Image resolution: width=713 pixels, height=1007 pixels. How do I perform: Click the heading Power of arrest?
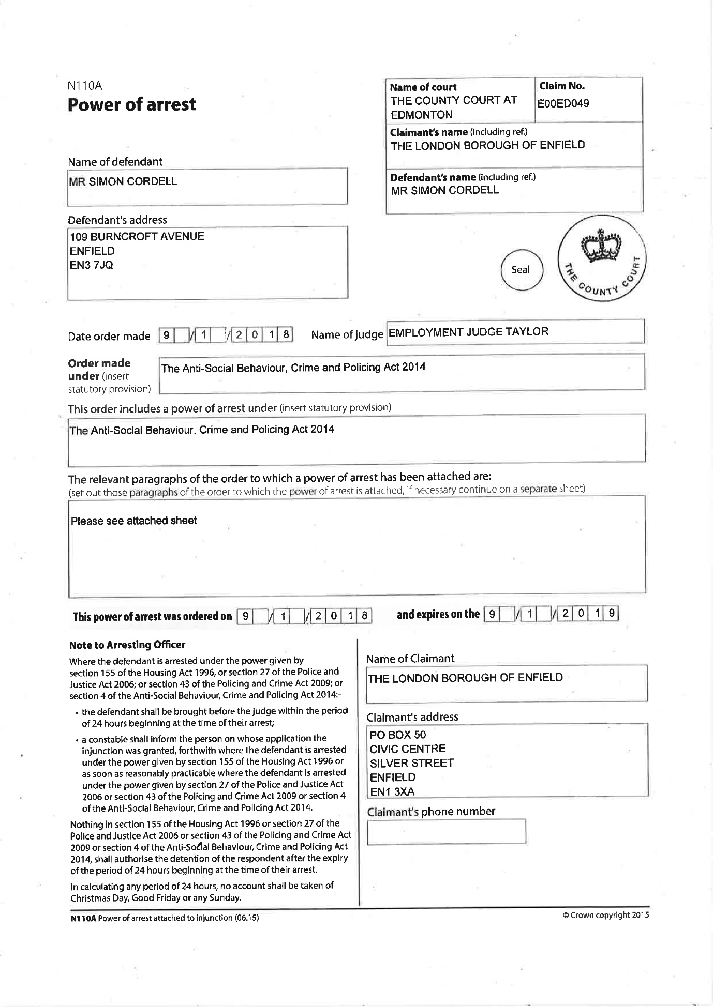(132, 105)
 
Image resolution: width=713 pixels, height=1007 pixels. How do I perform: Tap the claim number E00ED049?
(563, 103)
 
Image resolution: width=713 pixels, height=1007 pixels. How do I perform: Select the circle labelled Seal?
(521, 269)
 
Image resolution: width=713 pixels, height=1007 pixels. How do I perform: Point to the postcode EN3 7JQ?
(92, 265)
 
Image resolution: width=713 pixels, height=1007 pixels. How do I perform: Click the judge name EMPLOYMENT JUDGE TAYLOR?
(468, 332)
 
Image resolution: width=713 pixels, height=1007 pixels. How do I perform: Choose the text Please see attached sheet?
(134, 521)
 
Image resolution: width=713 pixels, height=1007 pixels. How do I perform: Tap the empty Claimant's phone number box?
(446, 831)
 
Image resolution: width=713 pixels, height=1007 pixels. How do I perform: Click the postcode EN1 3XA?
(392, 791)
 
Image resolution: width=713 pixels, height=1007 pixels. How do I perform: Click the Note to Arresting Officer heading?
(127, 645)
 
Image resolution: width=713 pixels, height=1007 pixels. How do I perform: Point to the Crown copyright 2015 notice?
(605, 915)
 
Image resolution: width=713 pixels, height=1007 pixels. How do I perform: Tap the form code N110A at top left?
(85, 86)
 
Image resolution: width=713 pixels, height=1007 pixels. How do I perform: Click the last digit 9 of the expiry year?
(612, 614)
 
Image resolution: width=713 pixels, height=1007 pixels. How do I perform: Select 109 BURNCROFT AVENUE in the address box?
(137, 236)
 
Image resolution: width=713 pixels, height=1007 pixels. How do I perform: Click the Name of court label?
(423, 87)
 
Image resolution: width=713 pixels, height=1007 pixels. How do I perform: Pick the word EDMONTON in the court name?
(422, 115)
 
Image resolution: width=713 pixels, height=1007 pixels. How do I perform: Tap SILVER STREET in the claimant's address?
(412, 763)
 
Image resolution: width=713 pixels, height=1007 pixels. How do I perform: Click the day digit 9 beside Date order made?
(166, 335)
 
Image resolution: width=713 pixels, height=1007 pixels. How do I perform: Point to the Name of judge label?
(347, 334)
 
